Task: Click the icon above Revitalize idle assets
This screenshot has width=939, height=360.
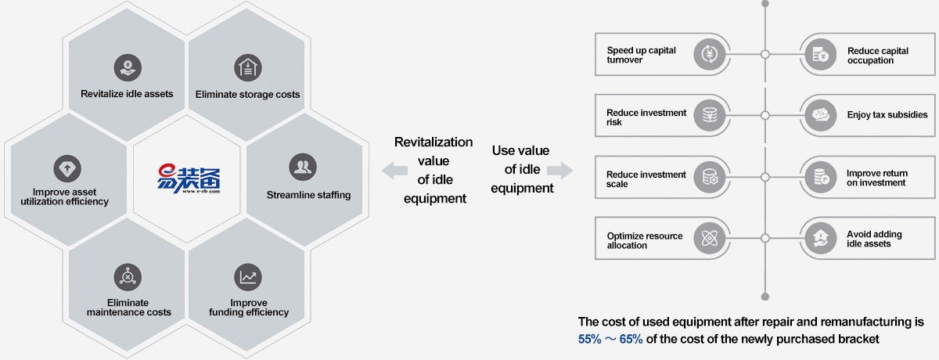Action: [126, 67]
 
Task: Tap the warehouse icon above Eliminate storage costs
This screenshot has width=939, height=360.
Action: [247, 67]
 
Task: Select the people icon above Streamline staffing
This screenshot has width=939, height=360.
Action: [302, 167]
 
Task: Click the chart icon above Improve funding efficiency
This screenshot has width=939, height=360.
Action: [247, 276]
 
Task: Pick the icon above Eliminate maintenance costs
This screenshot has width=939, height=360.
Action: [127, 276]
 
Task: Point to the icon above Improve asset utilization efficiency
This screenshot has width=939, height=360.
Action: [67, 167]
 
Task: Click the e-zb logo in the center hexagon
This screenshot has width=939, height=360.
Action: [188, 179]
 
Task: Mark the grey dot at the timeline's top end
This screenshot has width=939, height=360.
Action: [765, 3]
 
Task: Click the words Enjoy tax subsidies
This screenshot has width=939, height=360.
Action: [887, 115]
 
